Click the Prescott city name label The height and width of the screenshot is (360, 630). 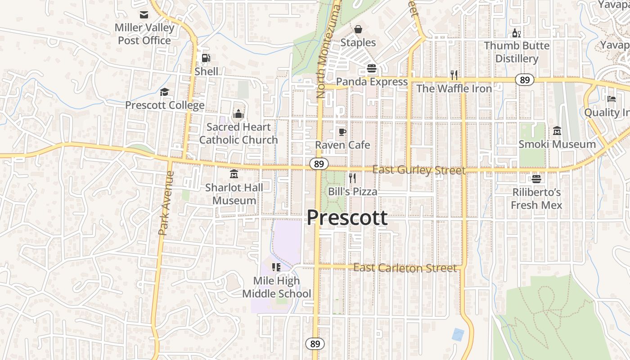[x=346, y=218]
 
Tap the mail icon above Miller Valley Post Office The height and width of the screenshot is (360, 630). [x=144, y=15]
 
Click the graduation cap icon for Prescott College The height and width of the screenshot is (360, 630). [x=165, y=92]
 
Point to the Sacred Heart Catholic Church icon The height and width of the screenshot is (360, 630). [x=238, y=114]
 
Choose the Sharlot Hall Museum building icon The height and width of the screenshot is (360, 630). [x=234, y=174]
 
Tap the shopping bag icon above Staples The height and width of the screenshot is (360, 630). [x=358, y=29]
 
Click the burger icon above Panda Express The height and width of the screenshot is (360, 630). [x=372, y=68]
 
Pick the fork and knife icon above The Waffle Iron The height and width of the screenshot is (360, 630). [x=454, y=75]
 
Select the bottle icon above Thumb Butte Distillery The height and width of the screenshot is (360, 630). [x=516, y=33]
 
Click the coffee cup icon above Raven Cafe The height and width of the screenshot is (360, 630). [x=342, y=132]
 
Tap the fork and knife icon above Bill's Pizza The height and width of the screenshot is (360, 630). [x=352, y=178]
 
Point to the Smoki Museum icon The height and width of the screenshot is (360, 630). [x=557, y=131]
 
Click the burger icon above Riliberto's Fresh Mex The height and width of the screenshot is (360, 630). [x=536, y=179]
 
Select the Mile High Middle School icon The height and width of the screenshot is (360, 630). [x=276, y=267]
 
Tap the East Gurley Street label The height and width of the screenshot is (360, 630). [x=418, y=170]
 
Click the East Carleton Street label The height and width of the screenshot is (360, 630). [x=405, y=268]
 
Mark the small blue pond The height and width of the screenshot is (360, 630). [x=458, y=334]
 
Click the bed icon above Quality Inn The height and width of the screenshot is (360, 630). [x=611, y=99]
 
